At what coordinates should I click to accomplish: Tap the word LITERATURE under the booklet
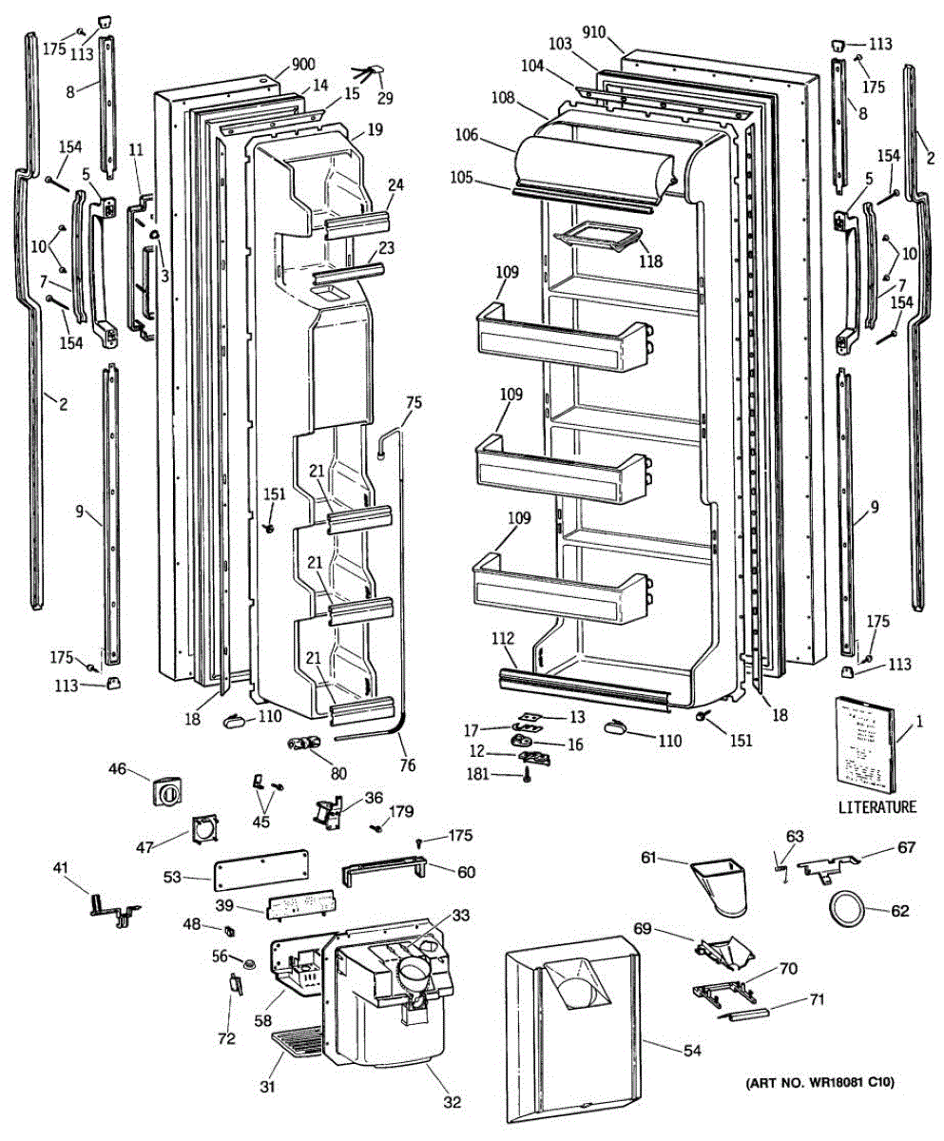pyautogui.click(x=877, y=807)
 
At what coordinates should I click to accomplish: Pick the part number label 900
pyautogui.click(x=303, y=65)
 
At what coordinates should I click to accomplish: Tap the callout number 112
pyautogui.click(x=504, y=638)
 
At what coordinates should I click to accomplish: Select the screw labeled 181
pyautogui.click(x=526, y=776)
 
